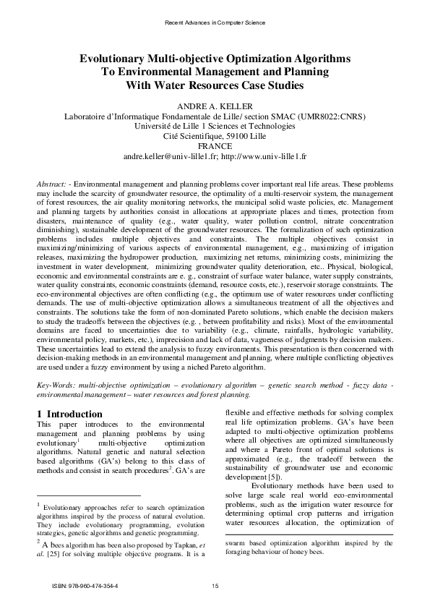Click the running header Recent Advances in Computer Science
coord(215,23)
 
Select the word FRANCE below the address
coord(215,145)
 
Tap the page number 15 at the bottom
coord(215,585)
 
